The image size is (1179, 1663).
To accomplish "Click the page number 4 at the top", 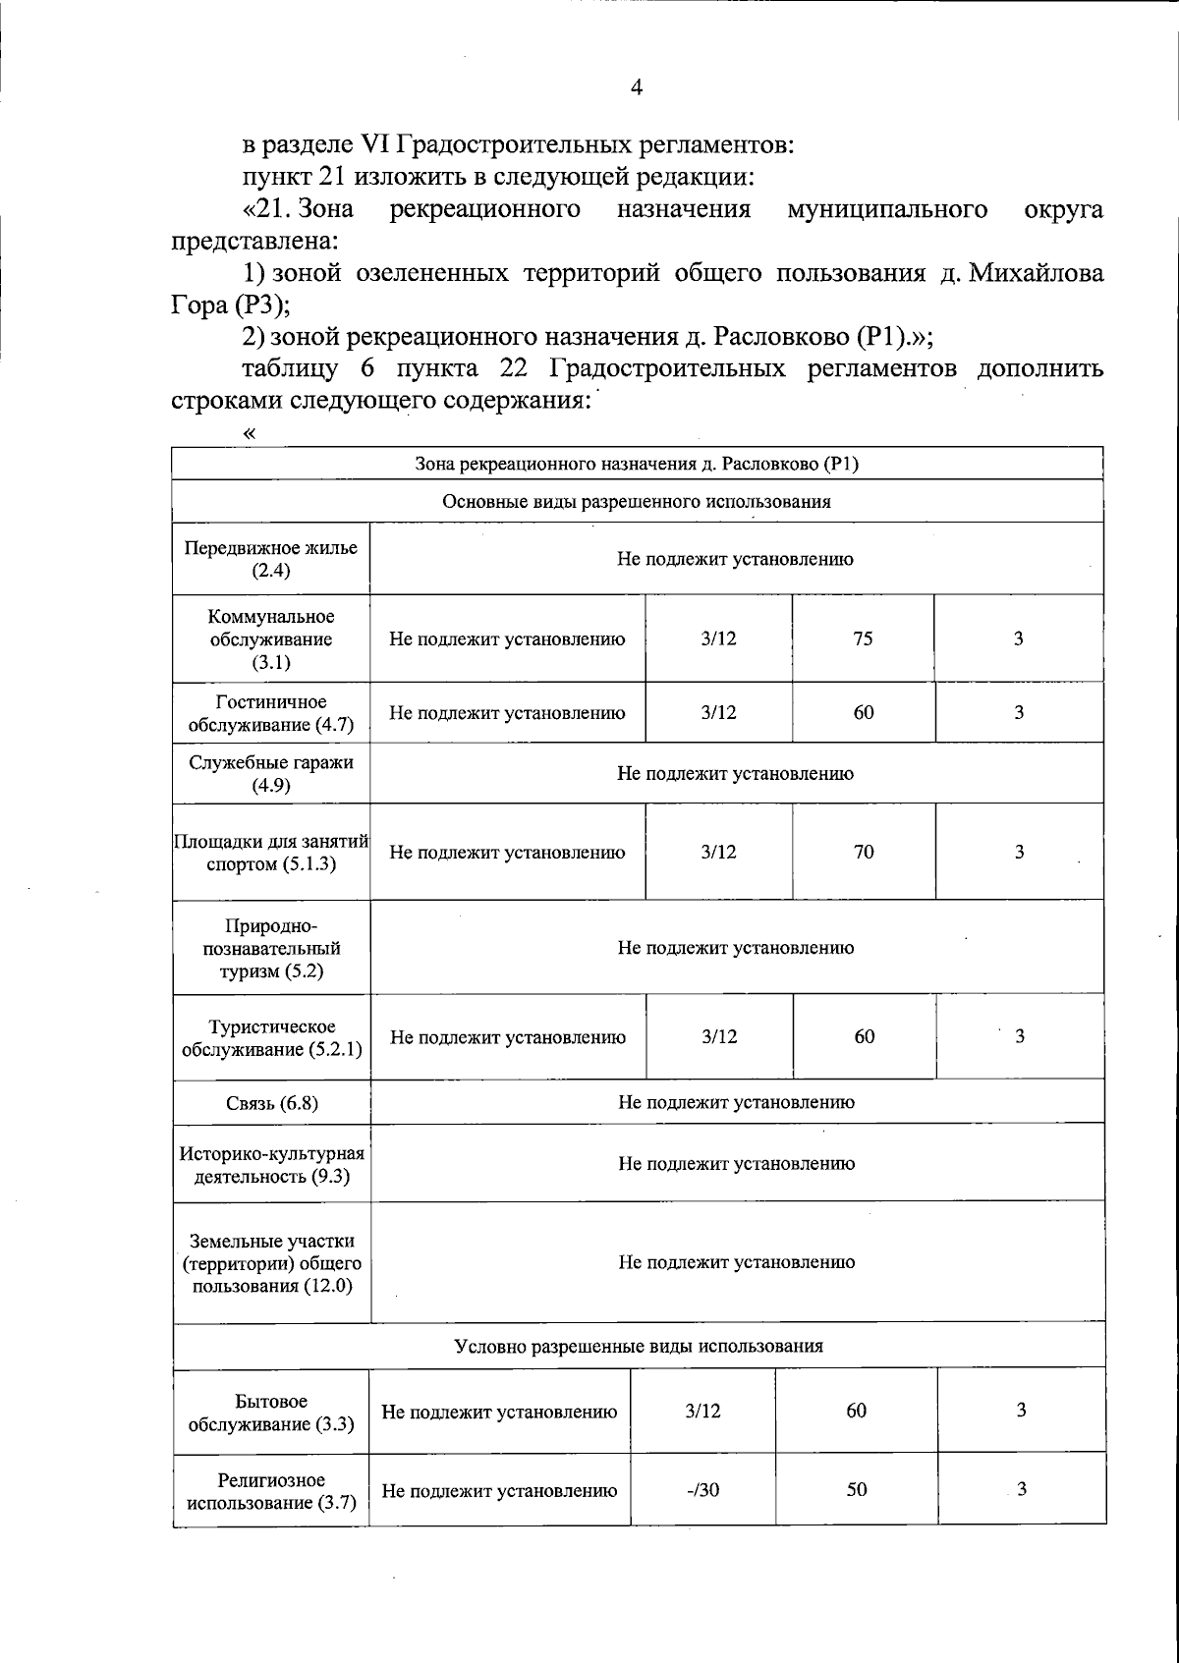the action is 636,88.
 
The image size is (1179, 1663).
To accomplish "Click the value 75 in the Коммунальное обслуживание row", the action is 863,638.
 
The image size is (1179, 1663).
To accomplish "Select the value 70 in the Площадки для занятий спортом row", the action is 863,852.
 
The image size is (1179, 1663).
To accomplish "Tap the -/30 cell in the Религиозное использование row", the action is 702,1490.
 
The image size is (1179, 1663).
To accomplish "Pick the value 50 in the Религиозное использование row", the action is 857,1490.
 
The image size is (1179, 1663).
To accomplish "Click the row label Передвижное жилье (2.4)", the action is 271,559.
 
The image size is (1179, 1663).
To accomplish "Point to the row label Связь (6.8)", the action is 272,1102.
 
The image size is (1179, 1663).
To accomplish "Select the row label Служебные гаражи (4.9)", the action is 271,773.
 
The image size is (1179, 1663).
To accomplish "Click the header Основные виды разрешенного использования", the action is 637,502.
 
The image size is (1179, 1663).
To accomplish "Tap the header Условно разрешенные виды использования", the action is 639,1346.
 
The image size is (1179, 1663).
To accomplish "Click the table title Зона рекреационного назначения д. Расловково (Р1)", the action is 637,464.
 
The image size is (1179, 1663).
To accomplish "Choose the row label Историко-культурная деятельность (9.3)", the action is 272,1164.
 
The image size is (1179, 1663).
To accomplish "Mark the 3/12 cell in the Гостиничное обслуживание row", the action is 718,713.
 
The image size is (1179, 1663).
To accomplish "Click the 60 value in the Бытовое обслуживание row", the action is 857,1411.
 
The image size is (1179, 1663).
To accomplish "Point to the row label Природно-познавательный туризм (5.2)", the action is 272,948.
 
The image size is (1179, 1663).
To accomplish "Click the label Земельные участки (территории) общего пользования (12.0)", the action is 272,1263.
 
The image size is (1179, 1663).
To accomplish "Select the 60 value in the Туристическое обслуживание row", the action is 864,1037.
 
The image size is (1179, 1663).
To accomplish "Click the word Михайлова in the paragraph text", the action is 1036,273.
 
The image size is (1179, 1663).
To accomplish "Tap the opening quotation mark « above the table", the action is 251,432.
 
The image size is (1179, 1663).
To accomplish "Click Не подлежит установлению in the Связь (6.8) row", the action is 736,1102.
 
